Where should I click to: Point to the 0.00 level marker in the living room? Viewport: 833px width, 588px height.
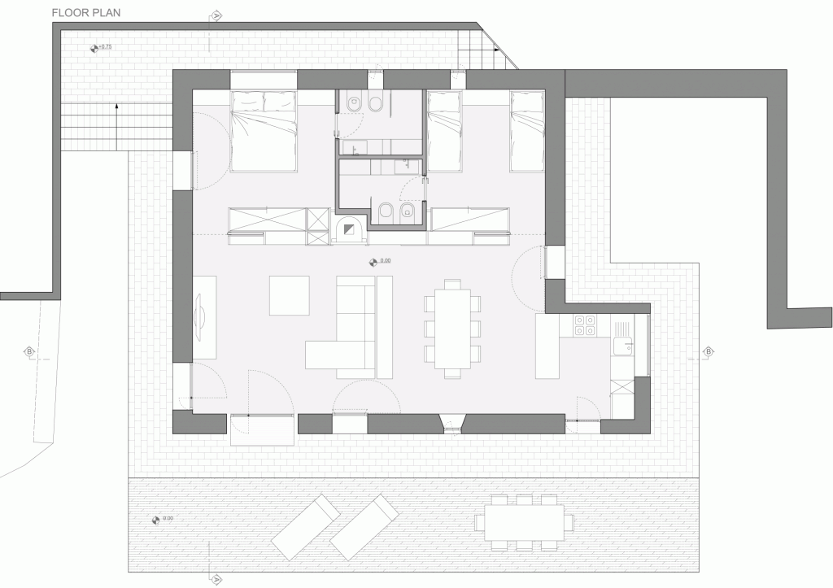(378, 261)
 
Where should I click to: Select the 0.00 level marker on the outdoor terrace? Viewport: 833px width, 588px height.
(163, 519)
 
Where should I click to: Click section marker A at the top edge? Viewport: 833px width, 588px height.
(217, 15)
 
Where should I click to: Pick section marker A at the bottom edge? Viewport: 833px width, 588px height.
(217, 579)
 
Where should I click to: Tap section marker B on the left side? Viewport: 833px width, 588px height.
(30, 352)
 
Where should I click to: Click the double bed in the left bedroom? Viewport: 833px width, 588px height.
(263, 131)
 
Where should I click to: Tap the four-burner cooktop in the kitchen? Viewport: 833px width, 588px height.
(584, 325)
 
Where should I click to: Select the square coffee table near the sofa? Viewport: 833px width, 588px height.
(290, 295)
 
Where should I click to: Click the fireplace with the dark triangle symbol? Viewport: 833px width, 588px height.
(352, 229)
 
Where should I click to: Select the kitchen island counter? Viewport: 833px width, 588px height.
(547, 346)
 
